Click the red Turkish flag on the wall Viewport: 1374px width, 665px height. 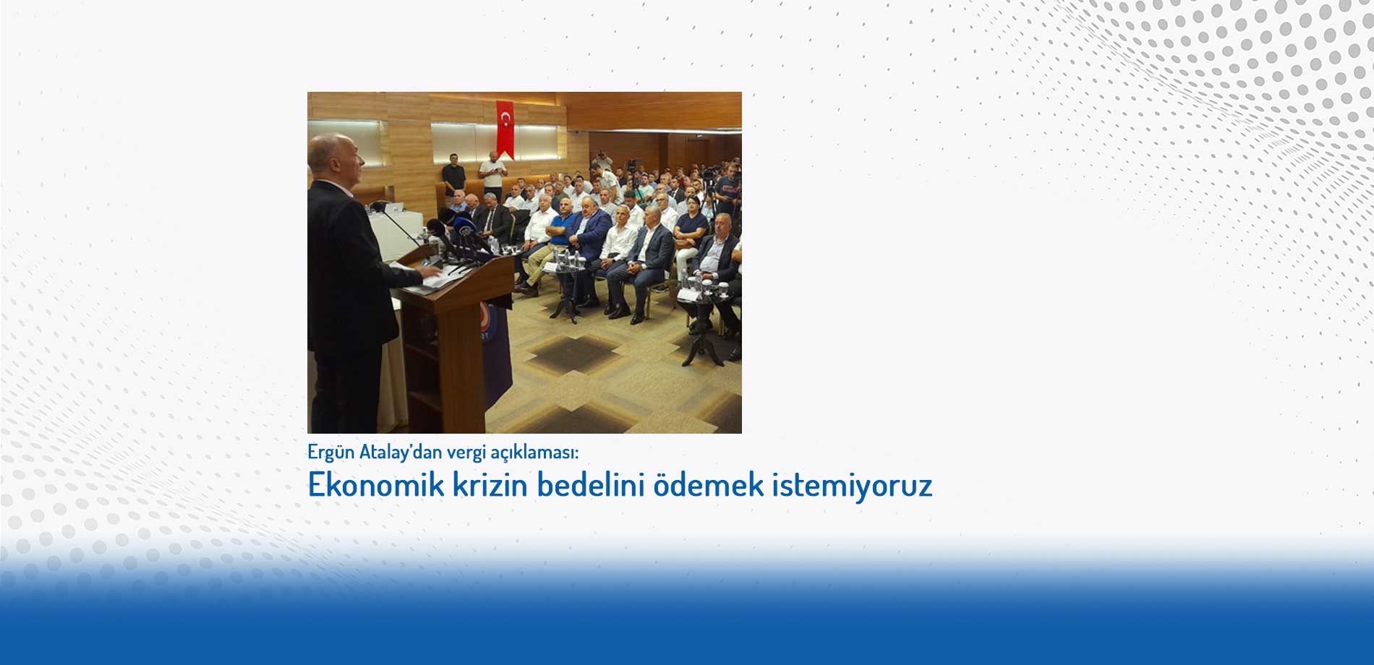pos(505,129)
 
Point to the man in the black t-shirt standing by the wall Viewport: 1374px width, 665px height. pos(453,178)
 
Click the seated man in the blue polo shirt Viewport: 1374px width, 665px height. pos(560,231)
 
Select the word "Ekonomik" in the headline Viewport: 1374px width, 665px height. pos(376,484)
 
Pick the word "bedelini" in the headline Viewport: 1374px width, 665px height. pos(591,484)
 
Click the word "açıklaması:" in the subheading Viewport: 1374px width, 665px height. pos(535,452)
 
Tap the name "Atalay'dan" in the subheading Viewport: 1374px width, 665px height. pos(401,452)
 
